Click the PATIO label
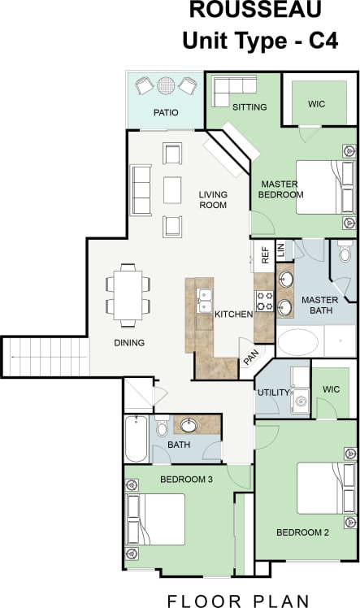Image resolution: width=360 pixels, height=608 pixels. (x=166, y=113)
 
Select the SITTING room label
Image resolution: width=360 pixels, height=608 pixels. (x=249, y=107)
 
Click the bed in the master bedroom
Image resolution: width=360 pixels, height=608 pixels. (x=325, y=187)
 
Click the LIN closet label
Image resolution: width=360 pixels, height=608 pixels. (x=281, y=251)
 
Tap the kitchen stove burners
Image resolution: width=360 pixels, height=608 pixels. (x=264, y=302)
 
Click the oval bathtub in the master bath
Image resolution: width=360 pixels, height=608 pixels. (x=299, y=341)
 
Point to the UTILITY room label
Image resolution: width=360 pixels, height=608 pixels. (x=273, y=393)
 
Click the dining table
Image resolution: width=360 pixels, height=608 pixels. (x=128, y=295)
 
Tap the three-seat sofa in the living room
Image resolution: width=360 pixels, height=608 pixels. (x=141, y=189)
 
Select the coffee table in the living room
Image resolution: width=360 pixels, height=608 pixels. (x=172, y=189)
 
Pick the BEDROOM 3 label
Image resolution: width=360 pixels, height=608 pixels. (x=186, y=480)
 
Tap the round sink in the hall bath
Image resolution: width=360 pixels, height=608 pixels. (x=189, y=424)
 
